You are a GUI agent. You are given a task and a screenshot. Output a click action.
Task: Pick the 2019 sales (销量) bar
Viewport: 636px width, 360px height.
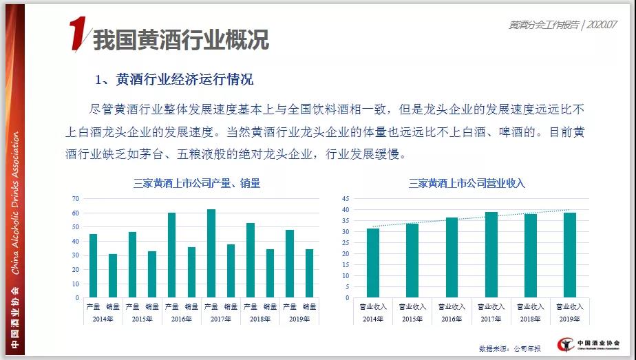[310, 273]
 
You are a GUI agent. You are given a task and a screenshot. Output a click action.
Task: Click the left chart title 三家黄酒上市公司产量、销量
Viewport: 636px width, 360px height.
[197, 183]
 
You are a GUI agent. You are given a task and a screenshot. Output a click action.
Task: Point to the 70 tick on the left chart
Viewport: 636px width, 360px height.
[76, 198]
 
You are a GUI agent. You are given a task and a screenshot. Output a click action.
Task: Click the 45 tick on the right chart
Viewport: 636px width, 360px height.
[346, 198]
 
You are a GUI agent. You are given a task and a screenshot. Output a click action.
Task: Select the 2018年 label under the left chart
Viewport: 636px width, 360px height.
[260, 319]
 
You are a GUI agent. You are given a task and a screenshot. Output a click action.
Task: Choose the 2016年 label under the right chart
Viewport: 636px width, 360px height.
[452, 319]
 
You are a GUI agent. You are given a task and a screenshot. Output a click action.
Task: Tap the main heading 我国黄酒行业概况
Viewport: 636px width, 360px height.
[180, 39]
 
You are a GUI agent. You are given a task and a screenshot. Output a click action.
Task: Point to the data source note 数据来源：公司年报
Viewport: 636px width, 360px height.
[509, 348]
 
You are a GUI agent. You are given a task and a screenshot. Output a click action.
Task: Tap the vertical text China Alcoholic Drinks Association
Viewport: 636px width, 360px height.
[14, 200]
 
